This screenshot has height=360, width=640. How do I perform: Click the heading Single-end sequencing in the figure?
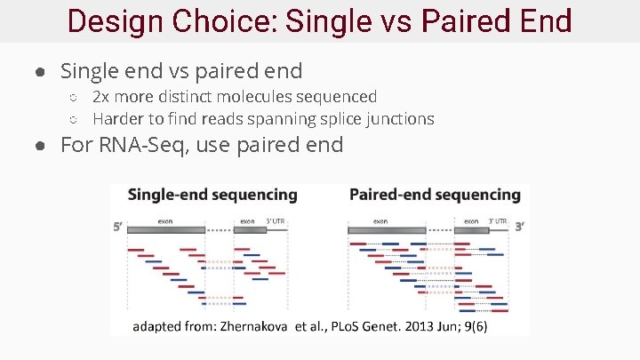(x=212, y=195)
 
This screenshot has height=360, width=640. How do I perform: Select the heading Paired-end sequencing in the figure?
(x=435, y=195)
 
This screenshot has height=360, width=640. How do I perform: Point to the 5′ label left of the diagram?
(x=117, y=227)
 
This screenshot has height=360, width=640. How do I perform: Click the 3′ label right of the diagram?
(x=519, y=227)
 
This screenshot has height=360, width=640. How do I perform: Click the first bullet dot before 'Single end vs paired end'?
(x=42, y=71)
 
